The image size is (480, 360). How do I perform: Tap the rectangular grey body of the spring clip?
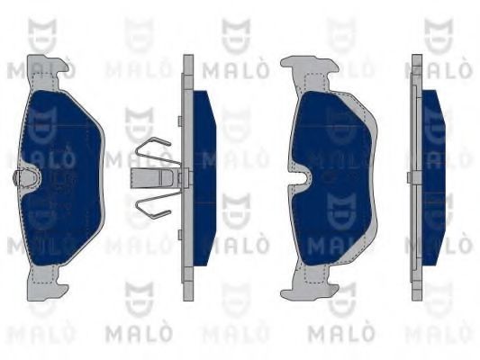[153, 178]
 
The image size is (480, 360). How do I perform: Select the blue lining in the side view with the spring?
[204, 178]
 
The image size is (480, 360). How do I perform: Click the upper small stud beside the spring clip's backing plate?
[180, 121]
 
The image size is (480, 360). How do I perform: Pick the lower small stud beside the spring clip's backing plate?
[180, 234]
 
